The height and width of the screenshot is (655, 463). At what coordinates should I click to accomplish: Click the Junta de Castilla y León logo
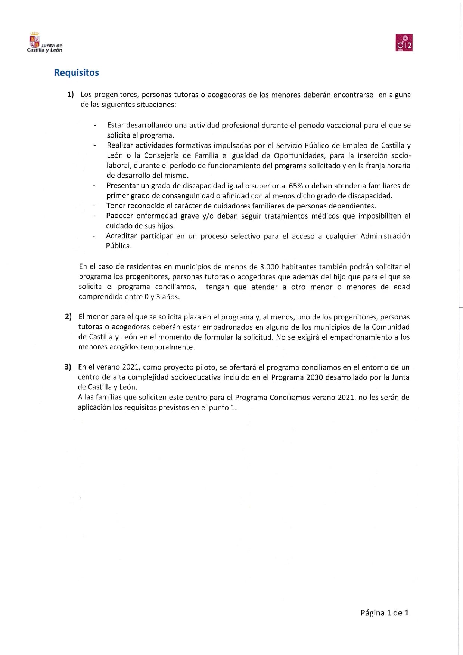[44, 43]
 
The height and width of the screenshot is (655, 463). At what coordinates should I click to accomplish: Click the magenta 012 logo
[404, 43]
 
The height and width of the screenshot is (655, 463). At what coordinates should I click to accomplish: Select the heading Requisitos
[76, 72]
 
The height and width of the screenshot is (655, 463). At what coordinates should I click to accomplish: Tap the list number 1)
[71, 95]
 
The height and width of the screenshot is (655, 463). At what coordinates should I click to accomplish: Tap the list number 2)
[68, 317]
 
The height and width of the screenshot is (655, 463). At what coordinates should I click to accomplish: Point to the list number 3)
[68, 367]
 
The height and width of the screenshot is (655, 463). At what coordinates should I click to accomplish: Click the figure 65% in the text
[296, 186]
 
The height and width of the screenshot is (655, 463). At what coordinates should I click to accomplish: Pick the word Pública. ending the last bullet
[119, 246]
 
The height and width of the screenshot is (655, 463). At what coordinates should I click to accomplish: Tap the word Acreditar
[121, 236]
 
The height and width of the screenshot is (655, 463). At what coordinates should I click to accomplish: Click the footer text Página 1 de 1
[385, 613]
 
